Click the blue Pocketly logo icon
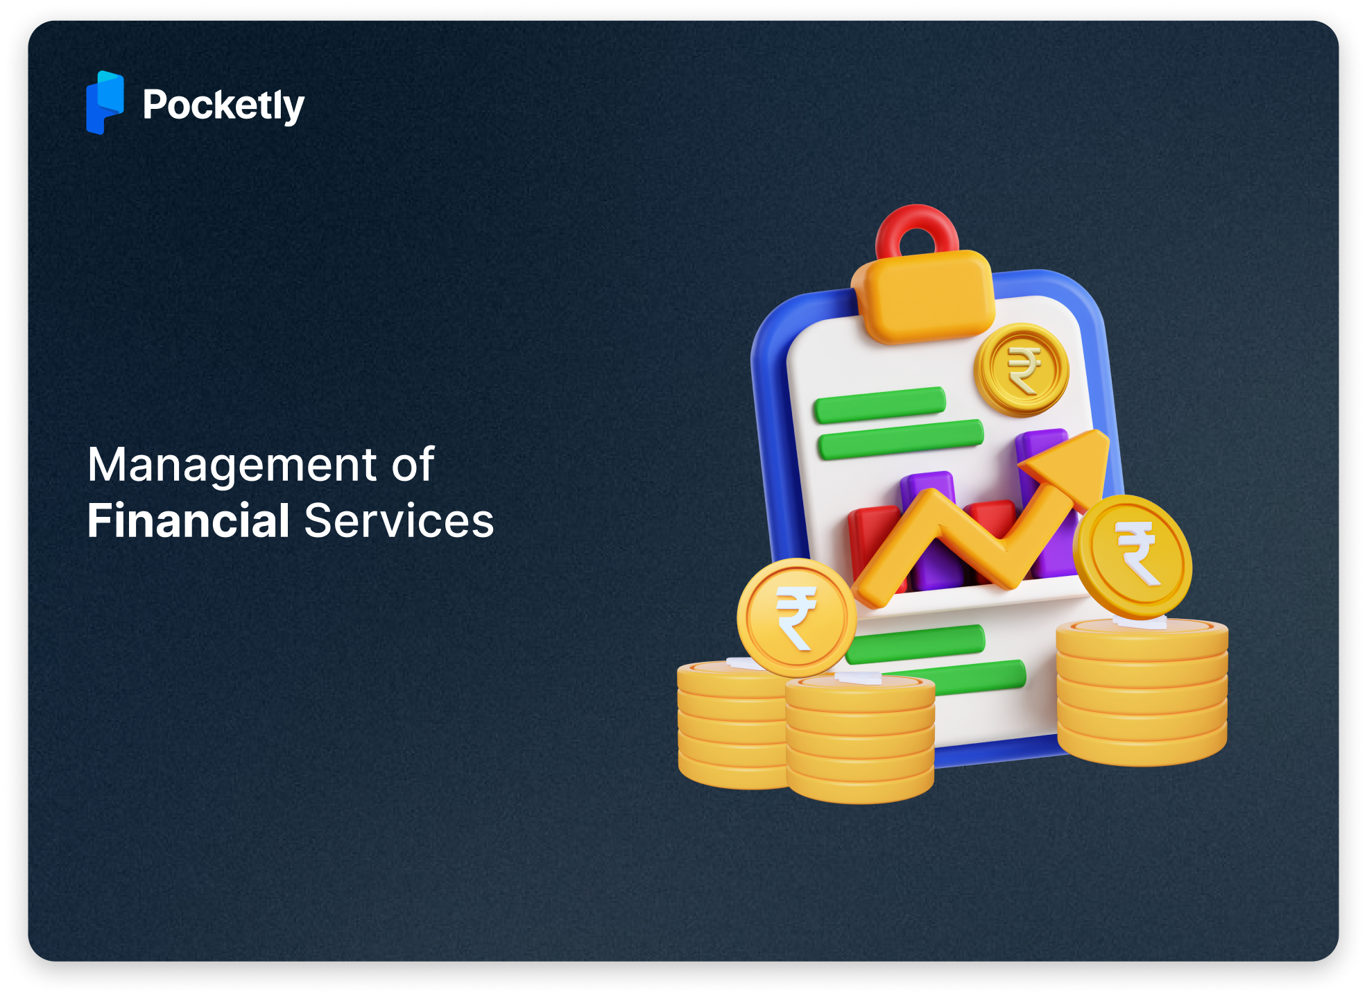105,103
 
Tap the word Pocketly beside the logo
223,105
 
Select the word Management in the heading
232,464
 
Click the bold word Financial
188,520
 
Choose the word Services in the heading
399,520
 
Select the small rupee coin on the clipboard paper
1022,370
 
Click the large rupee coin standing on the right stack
1133,556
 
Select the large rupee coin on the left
796,617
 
